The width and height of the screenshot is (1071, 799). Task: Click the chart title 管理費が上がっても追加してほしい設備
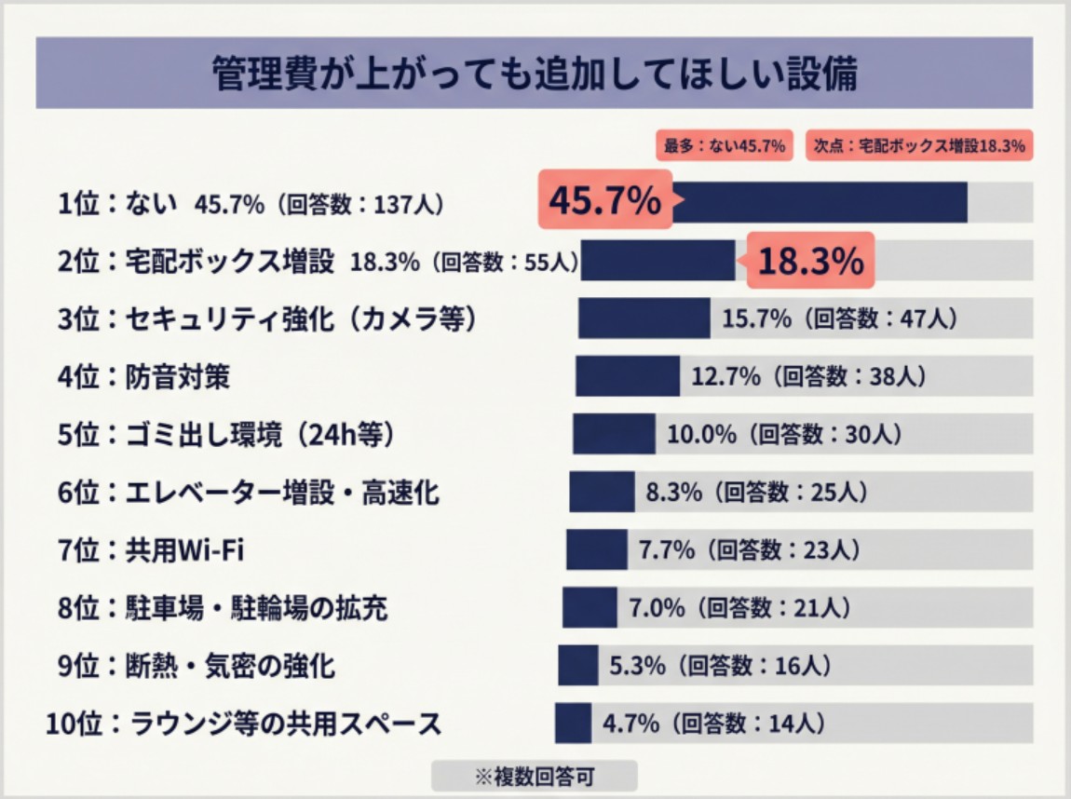(535, 74)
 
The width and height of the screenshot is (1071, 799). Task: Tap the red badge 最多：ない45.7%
(725, 145)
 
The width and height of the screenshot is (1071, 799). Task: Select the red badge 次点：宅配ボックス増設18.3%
(919, 145)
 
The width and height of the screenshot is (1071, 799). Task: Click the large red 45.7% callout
(604, 201)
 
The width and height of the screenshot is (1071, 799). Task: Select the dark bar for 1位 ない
(820, 202)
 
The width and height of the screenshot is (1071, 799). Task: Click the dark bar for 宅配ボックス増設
(659, 260)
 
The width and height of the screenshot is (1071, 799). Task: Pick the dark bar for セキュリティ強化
(644, 318)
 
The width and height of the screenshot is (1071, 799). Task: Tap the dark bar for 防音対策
(627, 376)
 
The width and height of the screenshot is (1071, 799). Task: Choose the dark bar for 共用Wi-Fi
(596, 549)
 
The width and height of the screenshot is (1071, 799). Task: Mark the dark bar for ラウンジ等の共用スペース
(573, 723)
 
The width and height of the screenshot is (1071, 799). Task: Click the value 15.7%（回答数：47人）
(839, 318)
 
